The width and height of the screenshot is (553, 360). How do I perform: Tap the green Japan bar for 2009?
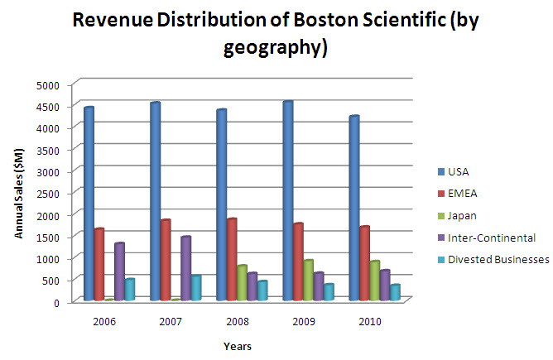click(x=307, y=281)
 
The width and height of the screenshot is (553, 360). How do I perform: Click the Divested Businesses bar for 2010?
click(x=395, y=292)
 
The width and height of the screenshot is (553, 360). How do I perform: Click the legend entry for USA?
click(x=457, y=172)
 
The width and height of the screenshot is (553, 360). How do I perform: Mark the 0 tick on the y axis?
click(x=57, y=302)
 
